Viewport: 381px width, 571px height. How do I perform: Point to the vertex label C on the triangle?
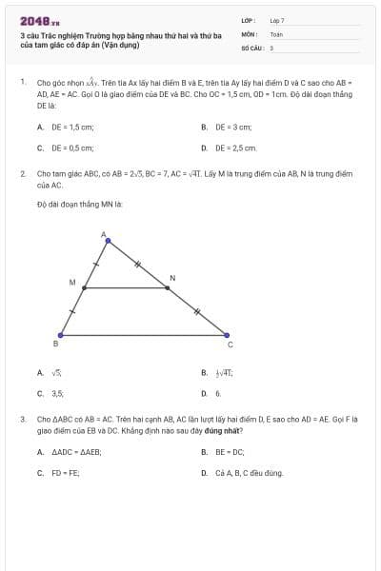pyautogui.click(x=229, y=345)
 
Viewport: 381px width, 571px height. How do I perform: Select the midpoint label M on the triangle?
pyautogui.click(x=71, y=282)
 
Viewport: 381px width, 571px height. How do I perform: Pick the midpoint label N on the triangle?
pyautogui.click(x=171, y=278)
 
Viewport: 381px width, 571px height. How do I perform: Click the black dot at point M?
pyautogui.click(x=84, y=287)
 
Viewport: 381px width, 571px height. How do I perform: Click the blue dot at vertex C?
pyautogui.click(x=226, y=334)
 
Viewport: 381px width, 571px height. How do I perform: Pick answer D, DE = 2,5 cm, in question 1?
pyautogui.click(x=235, y=148)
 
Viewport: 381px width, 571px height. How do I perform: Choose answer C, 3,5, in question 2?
pyautogui.click(x=56, y=392)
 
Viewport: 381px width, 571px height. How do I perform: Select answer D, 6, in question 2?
pyautogui.click(x=217, y=392)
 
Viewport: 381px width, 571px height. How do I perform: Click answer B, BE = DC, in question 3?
pyautogui.click(x=229, y=451)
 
